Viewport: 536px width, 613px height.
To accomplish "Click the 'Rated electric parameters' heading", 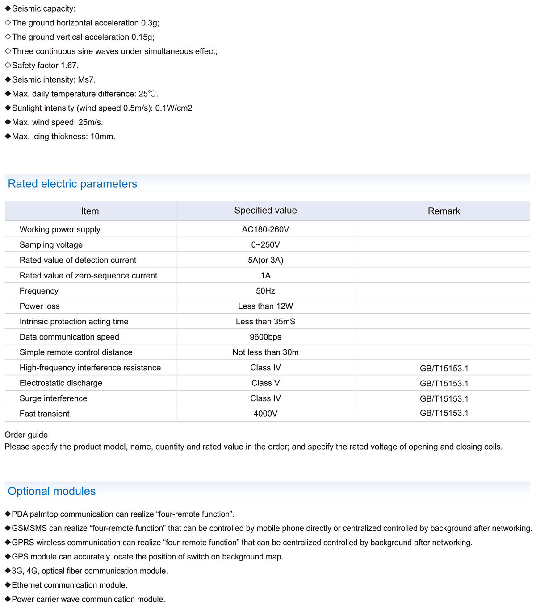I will pyautogui.click(x=72, y=184).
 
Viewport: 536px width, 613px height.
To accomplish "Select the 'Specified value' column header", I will pyautogui.click(x=265, y=211).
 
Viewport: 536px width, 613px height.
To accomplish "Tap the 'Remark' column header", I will pyautogui.click(x=444, y=211).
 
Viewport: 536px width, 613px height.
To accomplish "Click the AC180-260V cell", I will pyautogui.click(x=265, y=229).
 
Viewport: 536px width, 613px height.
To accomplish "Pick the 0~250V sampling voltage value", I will pyautogui.click(x=265, y=245).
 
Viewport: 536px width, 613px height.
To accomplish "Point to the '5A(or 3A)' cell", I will pyautogui.click(x=265, y=260).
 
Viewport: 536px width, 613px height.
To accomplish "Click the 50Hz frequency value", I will pyautogui.click(x=265, y=291).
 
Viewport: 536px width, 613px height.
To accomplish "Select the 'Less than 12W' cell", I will pyautogui.click(x=265, y=306).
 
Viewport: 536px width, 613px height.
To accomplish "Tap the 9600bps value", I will pyautogui.click(x=265, y=337).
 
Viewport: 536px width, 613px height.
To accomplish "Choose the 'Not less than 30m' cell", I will pyautogui.click(x=265, y=352).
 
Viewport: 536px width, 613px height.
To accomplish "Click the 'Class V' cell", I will pyautogui.click(x=265, y=383).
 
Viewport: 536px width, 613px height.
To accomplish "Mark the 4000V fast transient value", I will pyautogui.click(x=265, y=414).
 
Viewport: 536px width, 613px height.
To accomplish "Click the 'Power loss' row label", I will pyautogui.click(x=39, y=306).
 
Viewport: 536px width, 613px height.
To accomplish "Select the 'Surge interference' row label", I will pyautogui.click(x=53, y=398).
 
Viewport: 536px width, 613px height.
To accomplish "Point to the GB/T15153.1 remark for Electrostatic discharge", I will pyautogui.click(x=444, y=383).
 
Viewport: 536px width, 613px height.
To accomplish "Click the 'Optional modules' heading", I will pyautogui.click(x=52, y=491).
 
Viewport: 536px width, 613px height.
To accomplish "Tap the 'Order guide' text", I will pyautogui.click(x=26, y=435).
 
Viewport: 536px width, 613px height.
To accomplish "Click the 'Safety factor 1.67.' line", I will pyautogui.click(x=45, y=66).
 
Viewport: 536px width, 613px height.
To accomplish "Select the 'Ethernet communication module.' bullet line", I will pyautogui.click(x=69, y=585).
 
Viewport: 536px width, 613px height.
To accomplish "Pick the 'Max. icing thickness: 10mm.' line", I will pyautogui.click(x=63, y=137).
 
